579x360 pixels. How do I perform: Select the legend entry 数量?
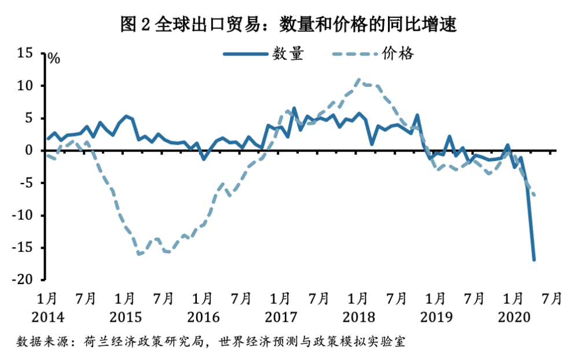click(288, 54)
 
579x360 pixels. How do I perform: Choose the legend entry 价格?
click(398, 54)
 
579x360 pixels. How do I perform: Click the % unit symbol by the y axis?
click(53, 58)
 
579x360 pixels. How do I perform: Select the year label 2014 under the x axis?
click(47, 317)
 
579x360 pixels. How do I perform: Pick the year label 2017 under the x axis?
click(280, 317)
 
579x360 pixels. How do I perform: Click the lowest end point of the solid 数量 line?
click(534, 260)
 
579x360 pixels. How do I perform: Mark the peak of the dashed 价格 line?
click(360, 80)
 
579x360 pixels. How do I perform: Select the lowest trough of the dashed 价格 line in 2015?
click(139, 254)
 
